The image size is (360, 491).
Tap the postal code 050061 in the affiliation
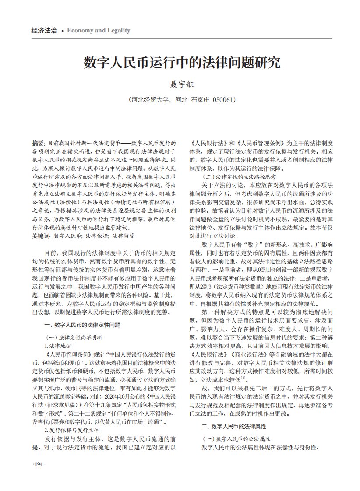coord(224,100)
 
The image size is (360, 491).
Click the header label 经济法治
coord(44,31)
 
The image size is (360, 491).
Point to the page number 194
coord(39,464)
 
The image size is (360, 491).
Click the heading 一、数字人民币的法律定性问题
coord(83,325)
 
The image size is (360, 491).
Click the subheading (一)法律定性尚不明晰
coord(74,337)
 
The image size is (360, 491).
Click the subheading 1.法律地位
coord(62,345)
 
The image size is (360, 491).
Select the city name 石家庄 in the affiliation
coord(200,100)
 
